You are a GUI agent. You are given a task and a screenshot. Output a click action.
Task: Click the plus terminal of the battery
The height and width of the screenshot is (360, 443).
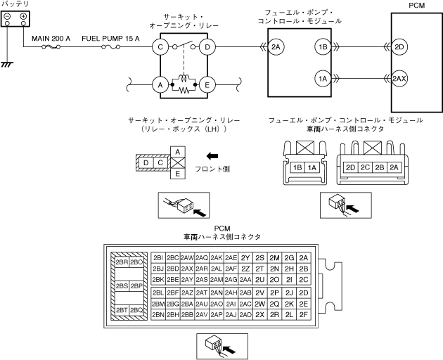[24, 15]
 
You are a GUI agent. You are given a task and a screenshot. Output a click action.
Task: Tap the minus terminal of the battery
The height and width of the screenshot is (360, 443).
[7, 15]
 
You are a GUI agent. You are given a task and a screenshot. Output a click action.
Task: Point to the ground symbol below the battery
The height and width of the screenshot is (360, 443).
[9, 64]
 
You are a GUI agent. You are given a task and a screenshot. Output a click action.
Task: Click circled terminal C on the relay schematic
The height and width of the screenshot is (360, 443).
[161, 48]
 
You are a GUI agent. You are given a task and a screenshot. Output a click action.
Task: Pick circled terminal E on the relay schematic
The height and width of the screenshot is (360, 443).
[207, 85]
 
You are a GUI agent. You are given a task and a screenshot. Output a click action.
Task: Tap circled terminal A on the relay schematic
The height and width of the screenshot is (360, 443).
[161, 85]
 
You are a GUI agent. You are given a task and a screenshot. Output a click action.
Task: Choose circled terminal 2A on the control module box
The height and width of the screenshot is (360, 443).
[276, 48]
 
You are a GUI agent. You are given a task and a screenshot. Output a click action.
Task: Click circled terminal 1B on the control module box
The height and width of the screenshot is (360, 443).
[323, 48]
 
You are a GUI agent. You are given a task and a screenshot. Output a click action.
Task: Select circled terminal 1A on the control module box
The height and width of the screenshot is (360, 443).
[323, 79]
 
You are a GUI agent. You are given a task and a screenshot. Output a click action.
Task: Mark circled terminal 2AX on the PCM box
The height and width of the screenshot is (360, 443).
[399, 79]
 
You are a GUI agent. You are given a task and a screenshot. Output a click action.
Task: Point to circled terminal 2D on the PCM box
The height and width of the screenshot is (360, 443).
[399, 48]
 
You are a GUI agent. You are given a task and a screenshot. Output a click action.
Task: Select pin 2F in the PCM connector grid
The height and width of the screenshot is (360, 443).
[303, 314]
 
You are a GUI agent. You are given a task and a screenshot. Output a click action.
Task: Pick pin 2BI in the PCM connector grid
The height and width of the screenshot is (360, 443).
[158, 257]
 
